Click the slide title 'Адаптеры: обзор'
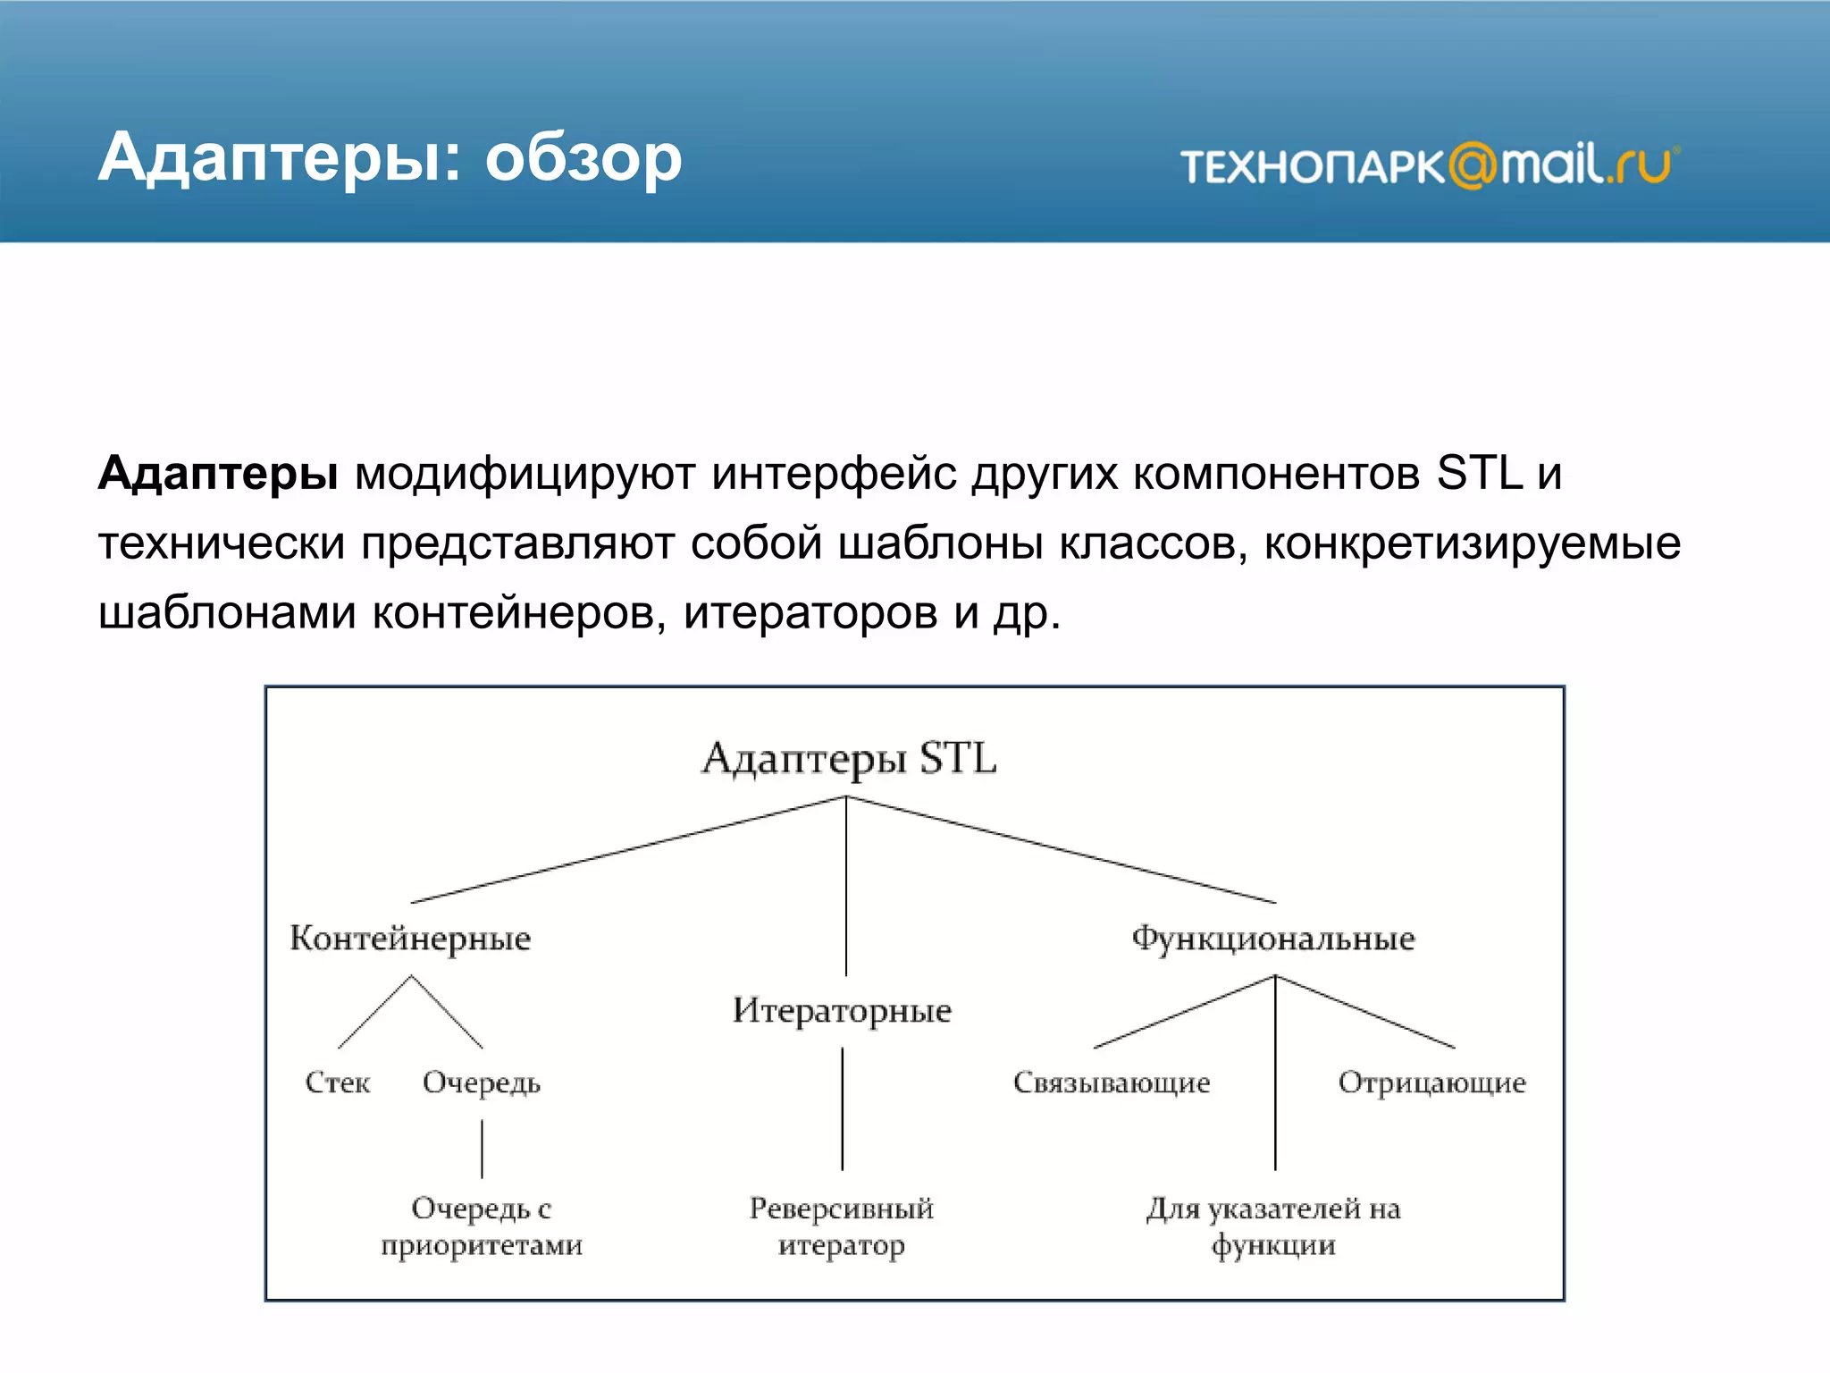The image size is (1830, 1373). pos(390,158)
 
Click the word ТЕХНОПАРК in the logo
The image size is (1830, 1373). pos(1312,167)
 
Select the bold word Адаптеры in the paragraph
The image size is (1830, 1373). pos(218,473)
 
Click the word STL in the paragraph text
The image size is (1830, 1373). pos(1479,473)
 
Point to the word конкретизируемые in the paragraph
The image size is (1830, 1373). pos(1472,543)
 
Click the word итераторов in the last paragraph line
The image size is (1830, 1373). pos(810,613)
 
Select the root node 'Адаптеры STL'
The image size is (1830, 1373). pos(848,758)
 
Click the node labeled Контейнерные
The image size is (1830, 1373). pos(410,939)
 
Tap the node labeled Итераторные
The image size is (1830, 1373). pos(842,1011)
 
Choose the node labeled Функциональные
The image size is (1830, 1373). pos(1273,939)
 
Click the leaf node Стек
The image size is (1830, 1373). pos(337,1082)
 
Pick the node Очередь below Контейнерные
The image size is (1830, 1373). pos(482,1082)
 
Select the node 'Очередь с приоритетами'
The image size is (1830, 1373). pos(482,1226)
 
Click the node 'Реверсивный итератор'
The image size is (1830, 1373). pos(841,1226)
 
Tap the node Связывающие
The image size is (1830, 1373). pos(1112,1082)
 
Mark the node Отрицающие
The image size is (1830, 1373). pos(1431,1082)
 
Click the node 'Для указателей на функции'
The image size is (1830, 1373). pos(1273,1226)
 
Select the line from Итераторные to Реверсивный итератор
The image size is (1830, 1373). pos(842,1108)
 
